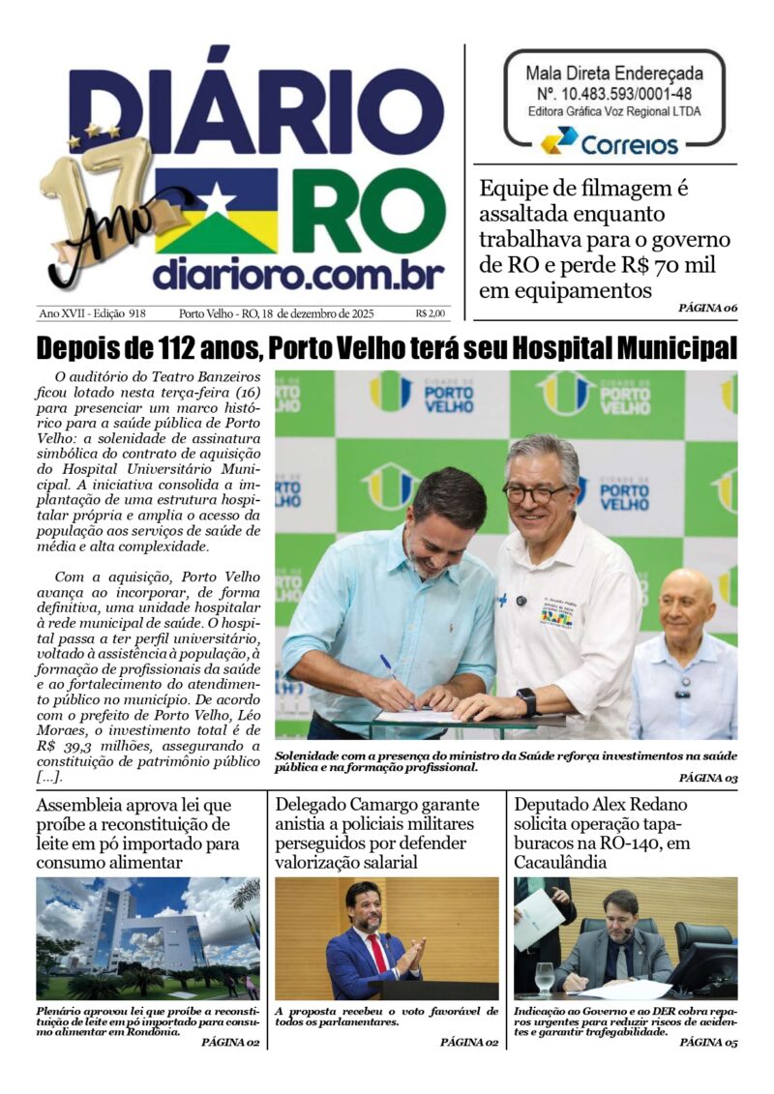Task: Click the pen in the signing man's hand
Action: (388, 665)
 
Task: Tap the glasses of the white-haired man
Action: (535, 493)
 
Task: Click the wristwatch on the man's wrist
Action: (525, 700)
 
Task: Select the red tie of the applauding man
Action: (377, 952)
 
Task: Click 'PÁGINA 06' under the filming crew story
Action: (707, 309)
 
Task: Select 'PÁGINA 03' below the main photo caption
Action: (707, 778)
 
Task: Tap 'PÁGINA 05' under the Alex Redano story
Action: (707, 1043)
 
